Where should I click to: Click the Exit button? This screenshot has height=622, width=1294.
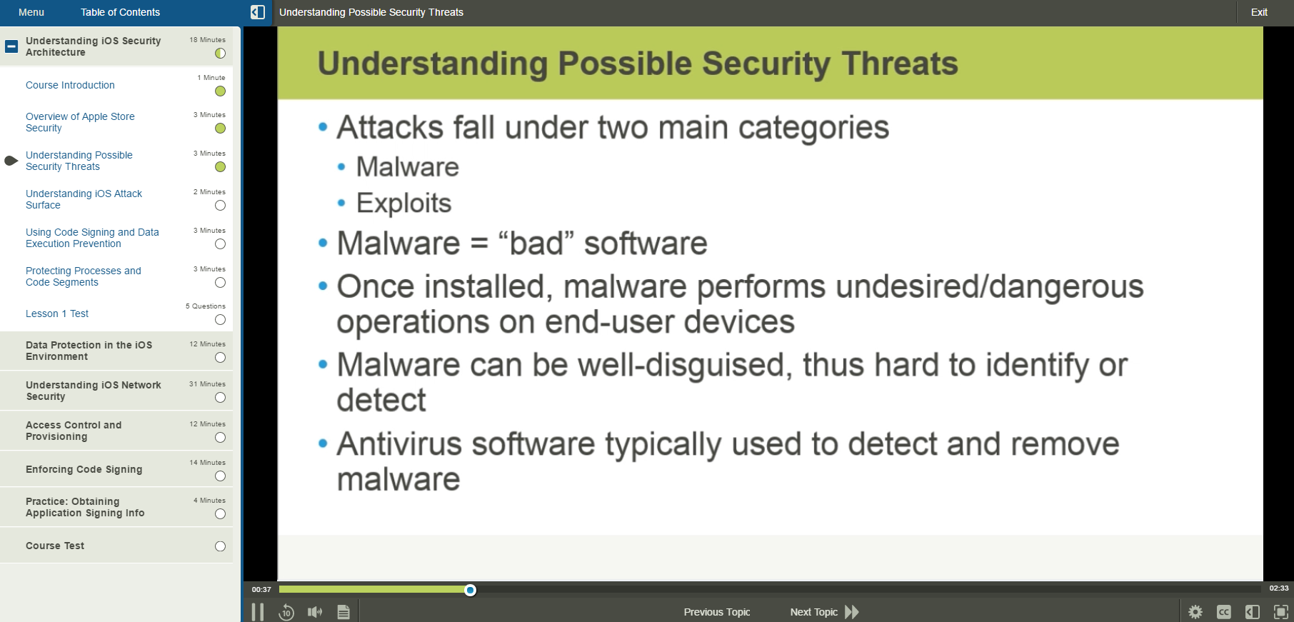(1258, 12)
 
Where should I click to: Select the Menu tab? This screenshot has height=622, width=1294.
(31, 12)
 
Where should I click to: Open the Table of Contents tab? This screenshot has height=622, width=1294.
(120, 12)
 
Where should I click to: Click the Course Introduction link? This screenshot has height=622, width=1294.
(70, 85)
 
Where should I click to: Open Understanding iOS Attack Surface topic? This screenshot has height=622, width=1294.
(84, 199)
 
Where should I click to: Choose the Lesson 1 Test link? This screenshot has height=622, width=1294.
(57, 313)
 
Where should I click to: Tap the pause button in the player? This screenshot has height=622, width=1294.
(258, 612)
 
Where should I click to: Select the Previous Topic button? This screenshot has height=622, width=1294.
(716, 612)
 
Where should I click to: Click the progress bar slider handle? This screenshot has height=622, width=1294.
(470, 590)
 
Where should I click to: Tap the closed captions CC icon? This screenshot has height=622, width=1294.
(1223, 612)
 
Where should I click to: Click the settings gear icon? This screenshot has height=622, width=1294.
(1195, 612)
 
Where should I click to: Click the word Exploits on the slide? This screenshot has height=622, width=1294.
(403, 204)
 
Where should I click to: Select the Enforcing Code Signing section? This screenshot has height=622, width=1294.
(84, 469)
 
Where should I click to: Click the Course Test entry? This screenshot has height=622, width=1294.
(55, 546)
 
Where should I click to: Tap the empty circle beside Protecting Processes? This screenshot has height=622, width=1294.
(220, 283)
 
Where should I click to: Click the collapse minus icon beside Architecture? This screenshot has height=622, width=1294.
(11, 46)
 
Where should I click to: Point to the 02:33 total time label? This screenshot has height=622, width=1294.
(1278, 588)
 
